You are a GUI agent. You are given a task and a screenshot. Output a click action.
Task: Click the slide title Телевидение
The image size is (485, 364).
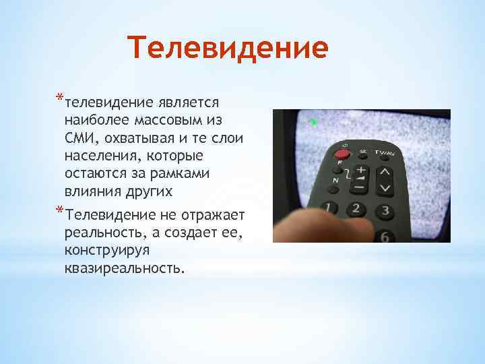pyautogui.click(x=227, y=49)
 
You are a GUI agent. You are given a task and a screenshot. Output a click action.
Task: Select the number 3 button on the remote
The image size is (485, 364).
pyautogui.click(x=385, y=211)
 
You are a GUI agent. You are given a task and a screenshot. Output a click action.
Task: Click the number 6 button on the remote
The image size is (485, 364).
pyautogui.click(x=385, y=237)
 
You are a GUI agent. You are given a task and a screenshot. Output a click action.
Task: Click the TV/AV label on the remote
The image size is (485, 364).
pyautogui.click(x=385, y=153)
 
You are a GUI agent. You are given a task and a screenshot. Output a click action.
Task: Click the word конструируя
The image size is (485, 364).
pyautogui.click(x=110, y=251)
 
